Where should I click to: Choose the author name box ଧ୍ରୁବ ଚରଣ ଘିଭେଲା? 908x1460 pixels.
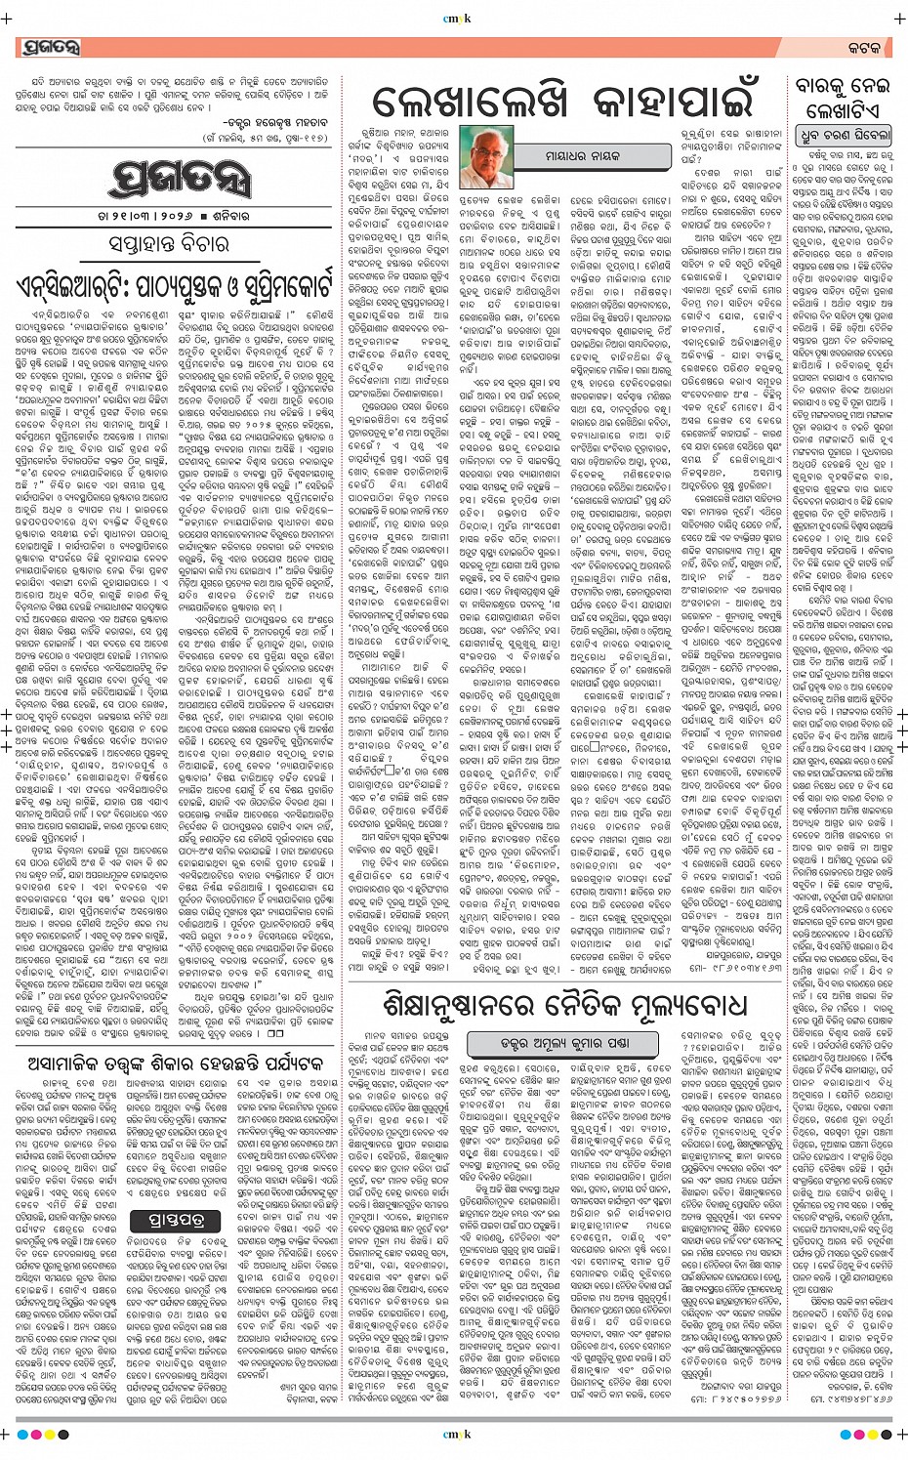click(x=846, y=134)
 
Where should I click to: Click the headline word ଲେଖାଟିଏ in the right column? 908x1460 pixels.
click(x=842, y=109)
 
